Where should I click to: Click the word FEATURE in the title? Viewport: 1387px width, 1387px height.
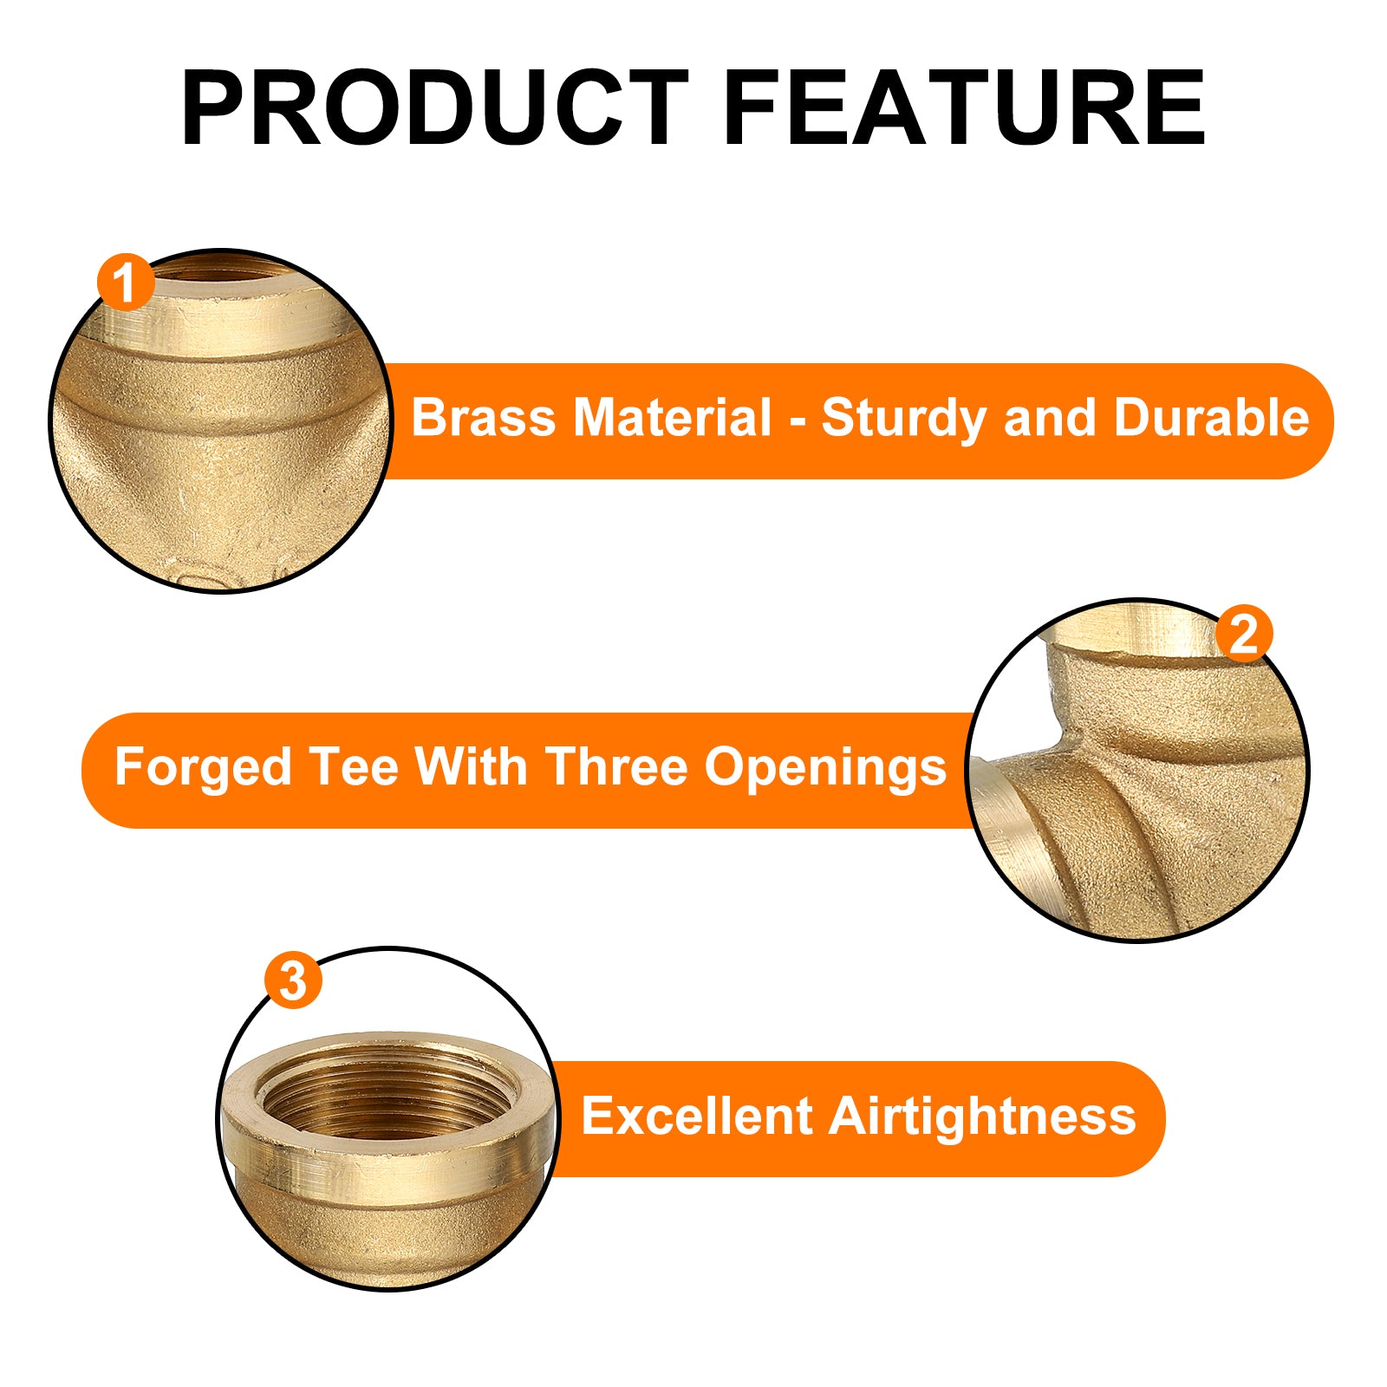coord(964,107)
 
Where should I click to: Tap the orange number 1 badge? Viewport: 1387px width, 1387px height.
coord(126,283)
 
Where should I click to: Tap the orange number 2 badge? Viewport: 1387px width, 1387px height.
coord(1244,634)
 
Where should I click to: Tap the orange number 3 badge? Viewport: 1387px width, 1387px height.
coord(294,980)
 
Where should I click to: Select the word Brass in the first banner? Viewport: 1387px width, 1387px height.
coord(483,418)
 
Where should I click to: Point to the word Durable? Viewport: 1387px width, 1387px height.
coord(1211,418)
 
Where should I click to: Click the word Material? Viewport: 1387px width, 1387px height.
coord(672,418)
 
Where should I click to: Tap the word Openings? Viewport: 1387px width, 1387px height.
coord(825,769)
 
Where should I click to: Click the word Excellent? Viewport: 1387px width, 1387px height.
coord(696,1116)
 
